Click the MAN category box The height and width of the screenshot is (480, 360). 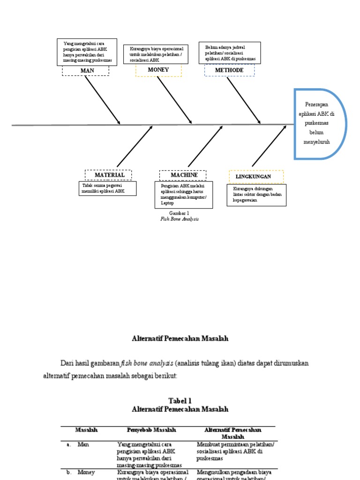[86, 70]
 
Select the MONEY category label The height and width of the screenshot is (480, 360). [158, 70]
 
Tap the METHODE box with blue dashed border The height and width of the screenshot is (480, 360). [229, 70]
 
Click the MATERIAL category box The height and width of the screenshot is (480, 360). [108, 175]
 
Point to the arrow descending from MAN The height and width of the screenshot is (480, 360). [102, 99]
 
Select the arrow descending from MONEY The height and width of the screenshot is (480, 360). [174, 100]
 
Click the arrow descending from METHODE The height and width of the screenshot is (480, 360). [244, 100]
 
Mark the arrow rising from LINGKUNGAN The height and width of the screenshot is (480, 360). [269, 146]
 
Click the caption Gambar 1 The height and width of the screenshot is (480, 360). [179, 213]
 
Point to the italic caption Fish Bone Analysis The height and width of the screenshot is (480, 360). [179, 219]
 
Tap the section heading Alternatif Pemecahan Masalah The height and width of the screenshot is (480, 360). [180, 338]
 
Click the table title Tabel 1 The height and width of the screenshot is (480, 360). [180, 401]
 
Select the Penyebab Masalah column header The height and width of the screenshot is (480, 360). [151, 430]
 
